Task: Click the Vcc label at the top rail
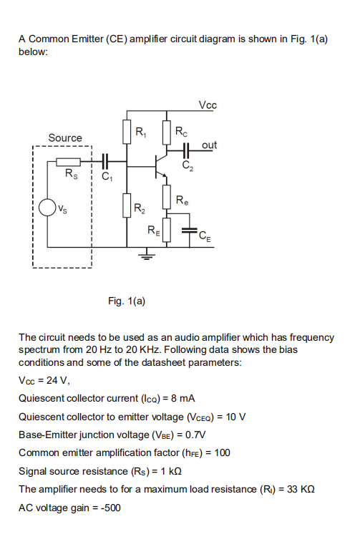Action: (x=208, y=106)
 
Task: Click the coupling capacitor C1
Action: (x=106, y=163)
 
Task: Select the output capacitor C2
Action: (x=187, y=152)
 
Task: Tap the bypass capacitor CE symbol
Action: (x=189, y=231)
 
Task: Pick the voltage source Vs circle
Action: (x=48, y=208)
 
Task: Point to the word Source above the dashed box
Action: (x=65, y=137)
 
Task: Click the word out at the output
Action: (x=209, y=145)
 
